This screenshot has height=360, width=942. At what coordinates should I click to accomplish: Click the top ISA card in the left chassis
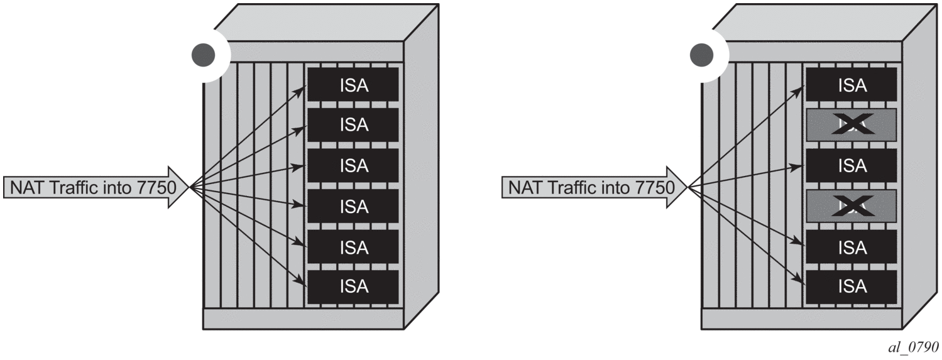(x=353, y=84)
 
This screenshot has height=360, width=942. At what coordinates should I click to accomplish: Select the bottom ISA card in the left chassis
(x=353, y=286)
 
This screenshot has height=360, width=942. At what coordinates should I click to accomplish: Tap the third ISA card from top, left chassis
(x=353, y=165)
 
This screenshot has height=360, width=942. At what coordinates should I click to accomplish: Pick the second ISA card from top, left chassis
(x=353, y=125)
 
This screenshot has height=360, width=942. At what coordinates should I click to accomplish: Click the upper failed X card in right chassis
(x=852, y=125)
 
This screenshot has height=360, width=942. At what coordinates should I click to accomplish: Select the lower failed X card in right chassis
(x=852, y=206)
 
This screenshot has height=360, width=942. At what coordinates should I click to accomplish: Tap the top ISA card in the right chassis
(x=852, y=84)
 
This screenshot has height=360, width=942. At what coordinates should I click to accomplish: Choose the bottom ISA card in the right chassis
(x=852, y=286)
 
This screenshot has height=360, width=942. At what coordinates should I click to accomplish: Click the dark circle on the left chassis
(x=203, y=55)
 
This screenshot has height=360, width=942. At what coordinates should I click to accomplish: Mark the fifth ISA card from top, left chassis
(x=353, y=246)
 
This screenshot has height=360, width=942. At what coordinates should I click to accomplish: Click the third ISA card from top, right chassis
(x=852, y=165)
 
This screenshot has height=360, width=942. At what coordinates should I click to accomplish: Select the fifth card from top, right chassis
(x=852, y=246)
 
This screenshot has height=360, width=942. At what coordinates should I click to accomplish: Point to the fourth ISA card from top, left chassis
(x=353, y=206)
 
